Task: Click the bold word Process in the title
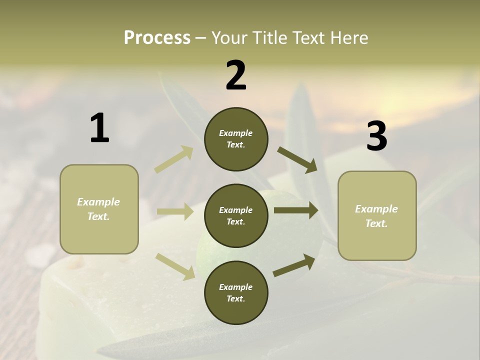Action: pyautogui.click(x=157, y=38)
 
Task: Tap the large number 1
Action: pyautogui.click(x=99, y=128)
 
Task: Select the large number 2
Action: pyautogui.click(x=236, y=75)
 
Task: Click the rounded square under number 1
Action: pyautogui.click(x=99, y=209)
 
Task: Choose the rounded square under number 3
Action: pyautogui.click(x=377, y=215)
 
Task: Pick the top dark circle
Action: pyautogui.click(x=236, y=139)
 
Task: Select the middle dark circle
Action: pyautogui.click(x=236, y=215)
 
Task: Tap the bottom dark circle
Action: pyautogui.click(x=236, y=292)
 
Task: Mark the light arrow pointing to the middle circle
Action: pyautogui.click(x=175, y=211)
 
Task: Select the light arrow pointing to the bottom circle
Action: pyautogui.click(x=175, y=266)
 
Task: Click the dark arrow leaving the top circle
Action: pyautogui.click(x=297, y=159)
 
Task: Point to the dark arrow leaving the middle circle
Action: pyautogui.click(x=295, y=210)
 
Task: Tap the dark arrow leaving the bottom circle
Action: pyautogui.click(x=294, y=265)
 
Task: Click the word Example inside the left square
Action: pyautogui.click(x=98, y=202)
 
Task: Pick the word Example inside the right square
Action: pyautogui.click(x=376, y=209)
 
